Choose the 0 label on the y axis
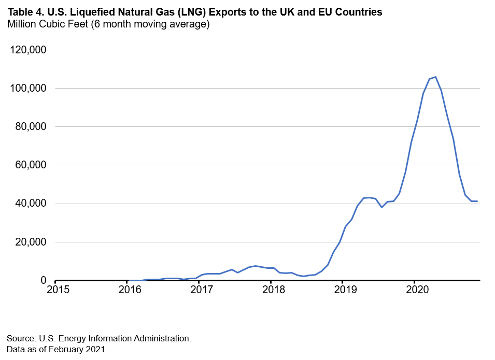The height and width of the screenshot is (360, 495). coord(43,280)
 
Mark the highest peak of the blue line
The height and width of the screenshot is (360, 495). coord(435,77)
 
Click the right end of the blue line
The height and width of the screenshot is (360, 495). coord(477,201)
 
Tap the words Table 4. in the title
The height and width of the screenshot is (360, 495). coord(23,12)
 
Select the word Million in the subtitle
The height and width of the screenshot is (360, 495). coord(21,24)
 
